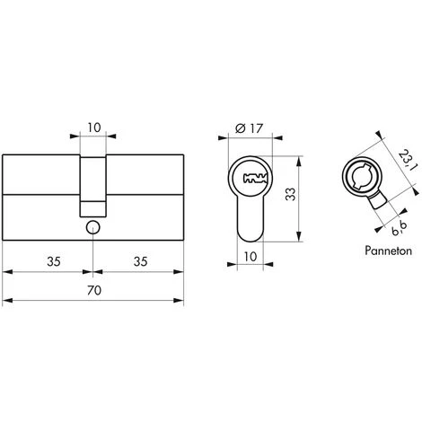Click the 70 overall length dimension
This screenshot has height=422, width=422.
(94, 290)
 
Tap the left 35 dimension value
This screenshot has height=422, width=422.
(54, 261)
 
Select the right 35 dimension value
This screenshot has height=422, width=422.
(140, 261)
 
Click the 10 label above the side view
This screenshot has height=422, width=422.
(94, 127)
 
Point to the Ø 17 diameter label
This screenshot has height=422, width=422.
(249, 128)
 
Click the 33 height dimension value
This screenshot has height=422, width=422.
(290, 194)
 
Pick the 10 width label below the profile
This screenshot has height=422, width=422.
(251, 257)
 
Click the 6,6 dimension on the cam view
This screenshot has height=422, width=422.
(400, 228)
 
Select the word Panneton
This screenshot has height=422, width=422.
(388, 251)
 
